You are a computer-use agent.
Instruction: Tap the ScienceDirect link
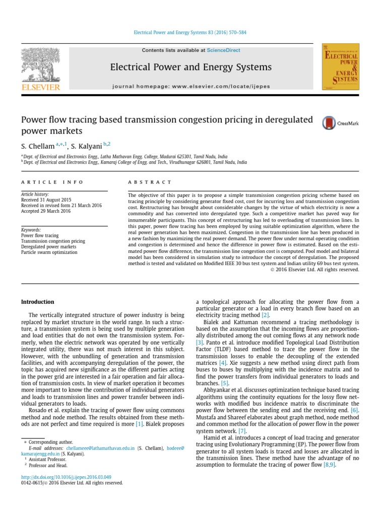[223, 50]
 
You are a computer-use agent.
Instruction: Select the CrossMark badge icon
[329, 123]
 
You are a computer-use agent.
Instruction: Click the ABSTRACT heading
[150, 182]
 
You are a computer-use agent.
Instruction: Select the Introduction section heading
[37, 302]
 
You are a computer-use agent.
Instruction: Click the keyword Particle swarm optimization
[49, 252]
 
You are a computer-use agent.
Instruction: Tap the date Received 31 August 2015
[46, 200]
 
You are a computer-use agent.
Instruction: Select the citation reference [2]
[265, 315]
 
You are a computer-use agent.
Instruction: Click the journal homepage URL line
[191, 87]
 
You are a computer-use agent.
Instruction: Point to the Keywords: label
[31, 230]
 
